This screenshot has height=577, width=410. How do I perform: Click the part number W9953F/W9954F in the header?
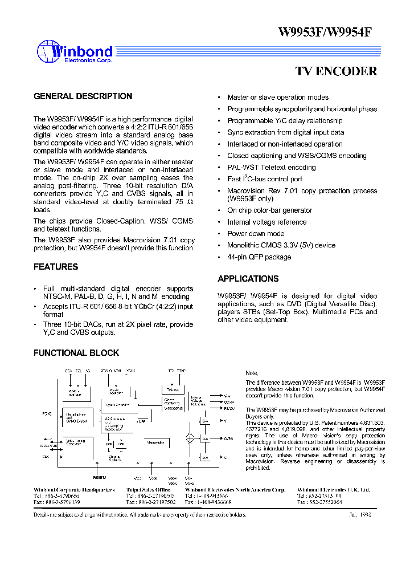pos(325,32)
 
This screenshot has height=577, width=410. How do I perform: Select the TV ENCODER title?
pos(336,71)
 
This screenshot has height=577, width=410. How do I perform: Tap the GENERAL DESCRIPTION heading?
pos(83,96)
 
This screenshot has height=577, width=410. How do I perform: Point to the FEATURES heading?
pos(56,267)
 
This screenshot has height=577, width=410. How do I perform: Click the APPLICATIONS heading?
pos(248,279)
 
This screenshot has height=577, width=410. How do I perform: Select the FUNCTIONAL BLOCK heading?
pos(76,353)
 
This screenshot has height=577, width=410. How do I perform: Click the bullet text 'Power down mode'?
pos(256,234)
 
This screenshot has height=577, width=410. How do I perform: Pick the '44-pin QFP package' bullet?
pos(259,257)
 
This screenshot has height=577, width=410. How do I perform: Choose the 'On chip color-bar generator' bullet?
pos(270,210)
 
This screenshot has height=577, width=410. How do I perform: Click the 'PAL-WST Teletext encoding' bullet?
pos(271,168)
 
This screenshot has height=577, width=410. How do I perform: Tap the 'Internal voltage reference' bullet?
pos(267,222)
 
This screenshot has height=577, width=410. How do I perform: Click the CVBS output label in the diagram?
pos(228,438)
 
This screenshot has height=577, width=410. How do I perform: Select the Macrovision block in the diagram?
pos(155,442)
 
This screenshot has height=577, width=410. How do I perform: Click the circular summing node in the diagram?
pos(190,438)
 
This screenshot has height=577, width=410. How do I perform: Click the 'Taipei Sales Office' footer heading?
pos(148,490)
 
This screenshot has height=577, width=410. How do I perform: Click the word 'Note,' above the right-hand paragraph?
pos(252,372)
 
